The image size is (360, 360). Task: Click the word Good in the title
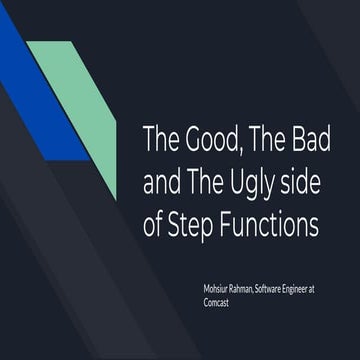[x=204, y=139]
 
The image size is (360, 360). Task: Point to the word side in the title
[x=305, y=182]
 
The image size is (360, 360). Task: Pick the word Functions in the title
[x=273, y=225]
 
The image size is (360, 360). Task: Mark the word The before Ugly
[x=211, y=182]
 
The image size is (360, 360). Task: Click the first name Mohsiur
[x=218, y=288]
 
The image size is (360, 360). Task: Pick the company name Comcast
[x=218, y=299]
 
